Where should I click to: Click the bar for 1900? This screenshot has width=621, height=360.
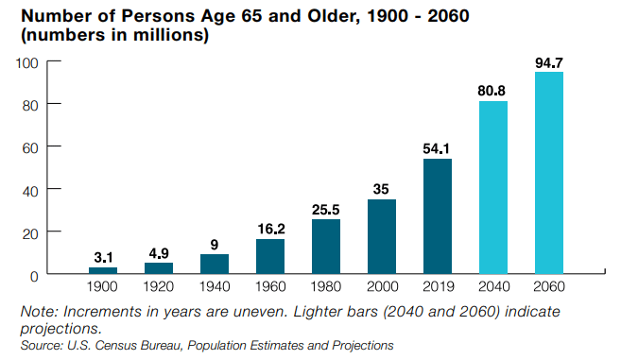[103, 270]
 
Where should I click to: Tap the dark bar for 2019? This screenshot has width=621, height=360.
[438, 216]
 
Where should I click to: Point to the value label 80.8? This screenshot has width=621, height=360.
[493, 90]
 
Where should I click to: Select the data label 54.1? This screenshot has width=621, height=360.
[438, 147]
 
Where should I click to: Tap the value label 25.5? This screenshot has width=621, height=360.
[326, 208]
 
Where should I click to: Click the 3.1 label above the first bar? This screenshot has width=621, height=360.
[103, 256]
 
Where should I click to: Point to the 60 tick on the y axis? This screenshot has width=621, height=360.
[29, 146]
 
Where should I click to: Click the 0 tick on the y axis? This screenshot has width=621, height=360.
[33, 275]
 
